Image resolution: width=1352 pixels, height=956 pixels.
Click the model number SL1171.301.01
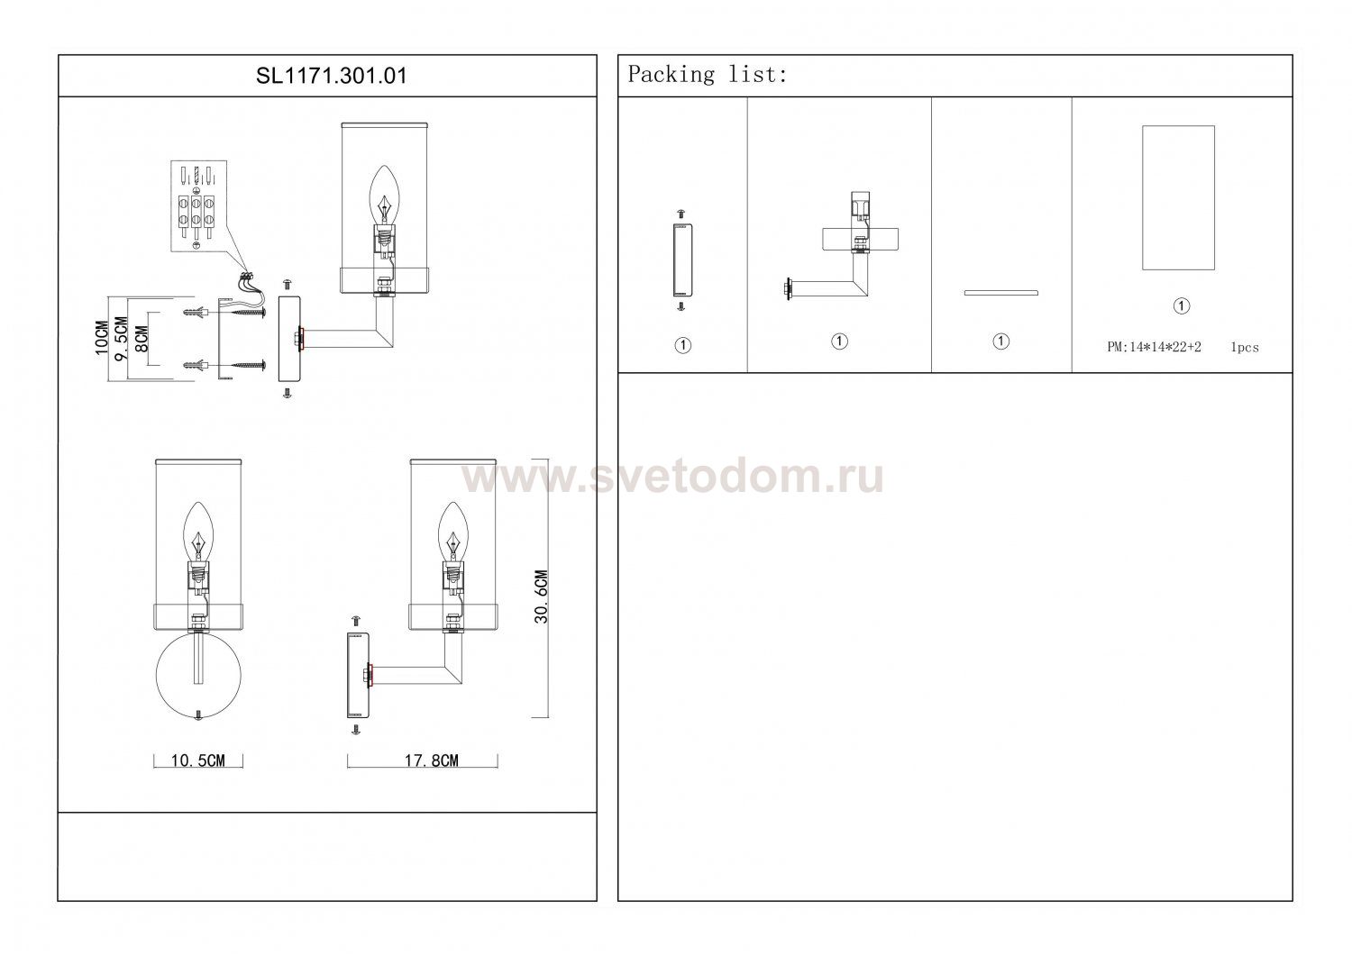click(x=332, y=76)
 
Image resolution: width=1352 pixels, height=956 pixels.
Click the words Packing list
click(x=708, y=74)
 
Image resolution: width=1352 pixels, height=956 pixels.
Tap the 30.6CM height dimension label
click(x=542, y=596)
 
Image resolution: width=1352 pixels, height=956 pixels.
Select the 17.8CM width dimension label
click(x=431, y=760)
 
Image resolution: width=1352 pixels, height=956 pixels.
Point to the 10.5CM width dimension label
click(x=198, y=760)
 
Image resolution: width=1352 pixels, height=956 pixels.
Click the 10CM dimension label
click(x=102, y=338)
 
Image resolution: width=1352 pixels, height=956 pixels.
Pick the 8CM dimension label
click(x=141, y=339)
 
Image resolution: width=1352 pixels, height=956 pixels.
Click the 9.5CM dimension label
click(x=122, y=338)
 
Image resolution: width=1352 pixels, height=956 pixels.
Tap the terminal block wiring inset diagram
click(x=198, y=205)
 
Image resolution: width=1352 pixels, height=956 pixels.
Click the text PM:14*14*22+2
click(x=1154, y=347)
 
